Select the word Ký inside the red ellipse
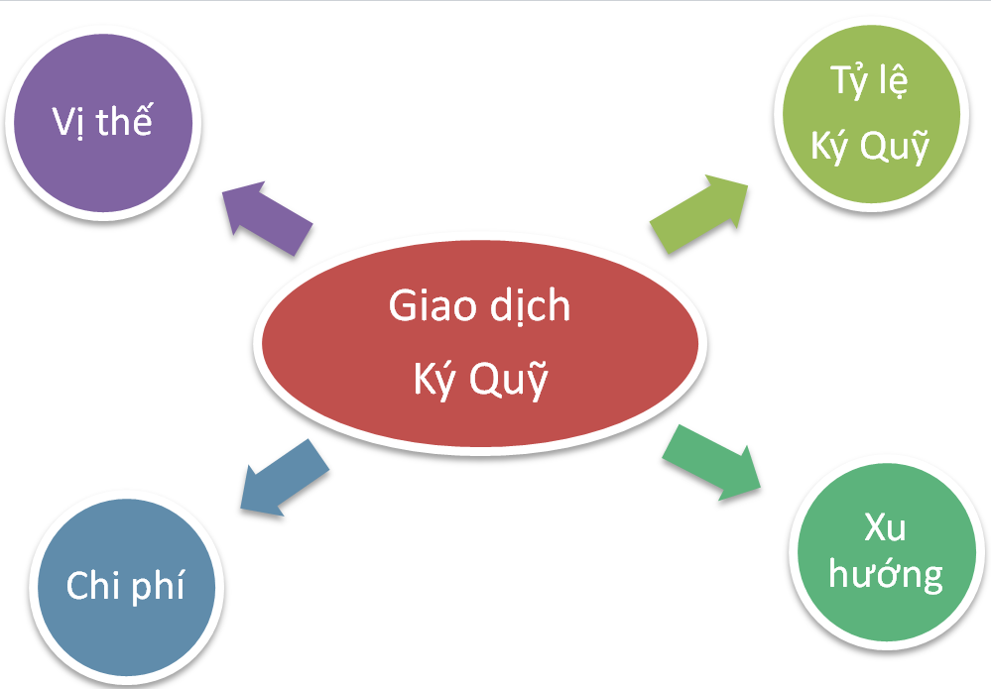tap(434, 380)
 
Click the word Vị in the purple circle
tap(68, 122)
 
